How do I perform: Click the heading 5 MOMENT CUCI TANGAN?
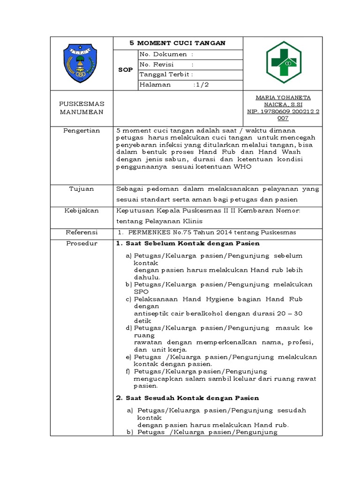pyautogui.click(x=178, y=43)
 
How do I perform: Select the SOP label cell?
pyautogui.click(x=125, y=69)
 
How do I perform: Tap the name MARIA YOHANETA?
pyautogui.click(x=283, y=97)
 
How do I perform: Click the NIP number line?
pyautogui.click(x=283, y=112)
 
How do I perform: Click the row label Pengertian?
pyautogui.click(x=82, y=131)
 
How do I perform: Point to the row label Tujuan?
pyautogui.click(x=82, y=189)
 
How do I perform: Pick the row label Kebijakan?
pyautogui.click(x=82, y=211)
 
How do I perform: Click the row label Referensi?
pyautogui.click(x=82, y=232)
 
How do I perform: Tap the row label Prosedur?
pyautogui.click(x=82, y=244)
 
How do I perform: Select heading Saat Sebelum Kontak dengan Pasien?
pyautogui.click(x=187, y=244)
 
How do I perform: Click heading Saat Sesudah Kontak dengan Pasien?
pyautogui.click(x=187, y=398)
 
